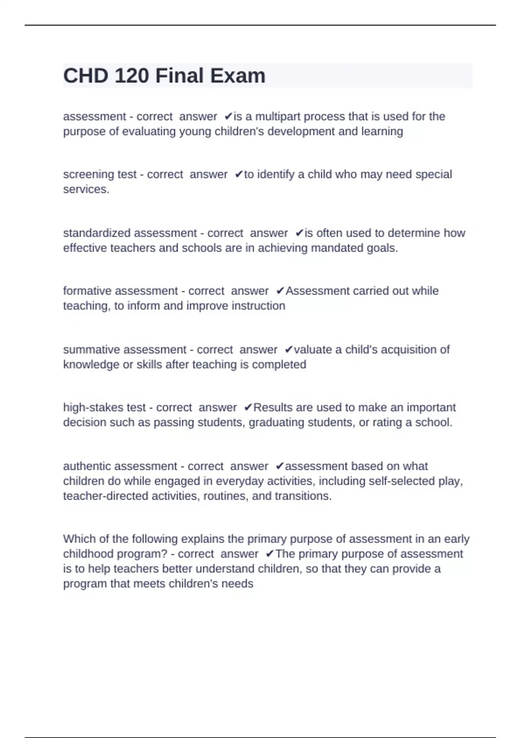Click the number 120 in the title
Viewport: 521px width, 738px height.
132,76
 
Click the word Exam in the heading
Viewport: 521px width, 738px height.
237,76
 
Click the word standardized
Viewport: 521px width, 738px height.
96,233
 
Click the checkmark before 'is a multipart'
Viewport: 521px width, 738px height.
228,116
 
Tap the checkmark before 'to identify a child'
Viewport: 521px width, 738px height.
239,174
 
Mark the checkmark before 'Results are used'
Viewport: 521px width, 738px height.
248,407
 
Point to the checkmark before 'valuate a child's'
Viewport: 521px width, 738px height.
289,349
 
